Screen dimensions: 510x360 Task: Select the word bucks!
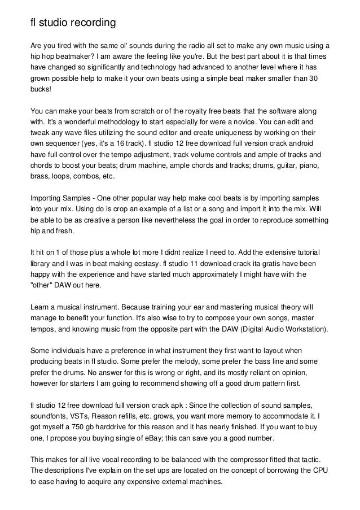[x=42, y=89]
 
